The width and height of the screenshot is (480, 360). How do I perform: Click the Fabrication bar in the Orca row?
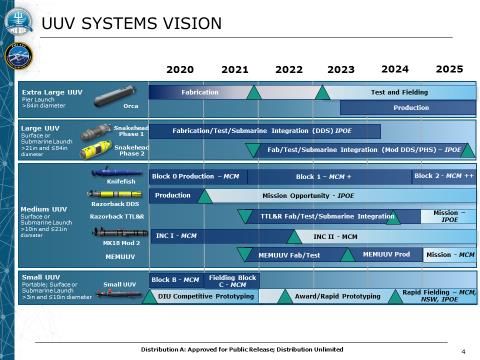(x=200, y=92)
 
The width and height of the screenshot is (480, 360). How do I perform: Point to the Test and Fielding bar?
(x=399, y=92)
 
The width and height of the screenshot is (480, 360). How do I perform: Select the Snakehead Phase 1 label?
(x=131, y=131)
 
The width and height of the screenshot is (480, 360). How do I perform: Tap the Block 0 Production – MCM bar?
(x=196, y=176)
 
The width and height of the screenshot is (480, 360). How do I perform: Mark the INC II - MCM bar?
(x=335, y=236)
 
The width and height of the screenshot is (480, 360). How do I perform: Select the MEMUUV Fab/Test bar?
(x=289, y=255)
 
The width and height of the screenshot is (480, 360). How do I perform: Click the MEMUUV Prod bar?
(x=386, y=255)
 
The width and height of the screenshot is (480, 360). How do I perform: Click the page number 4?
(x=463, y=352)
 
